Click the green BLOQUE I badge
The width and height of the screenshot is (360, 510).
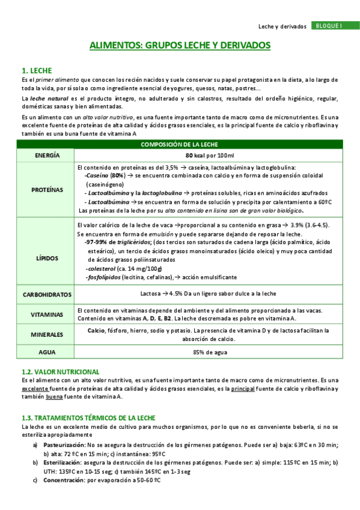pos(328,26)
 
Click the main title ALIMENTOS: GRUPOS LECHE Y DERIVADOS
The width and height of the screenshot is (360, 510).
pos(180,45)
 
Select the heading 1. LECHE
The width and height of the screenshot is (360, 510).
pos(37,70)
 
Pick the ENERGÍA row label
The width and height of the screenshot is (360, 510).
pos(47,155)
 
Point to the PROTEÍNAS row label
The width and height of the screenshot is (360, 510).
pos(47,189)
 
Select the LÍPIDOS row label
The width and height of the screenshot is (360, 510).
pos(47,257)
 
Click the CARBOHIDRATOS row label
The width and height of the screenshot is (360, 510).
pos(47,295)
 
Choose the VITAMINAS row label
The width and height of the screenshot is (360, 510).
pos(47,314)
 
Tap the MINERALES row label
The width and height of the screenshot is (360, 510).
pos(47,334)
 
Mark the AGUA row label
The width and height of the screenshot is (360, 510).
pos(47,353)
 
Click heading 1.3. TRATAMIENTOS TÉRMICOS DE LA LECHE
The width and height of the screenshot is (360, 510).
pos(88,417)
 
